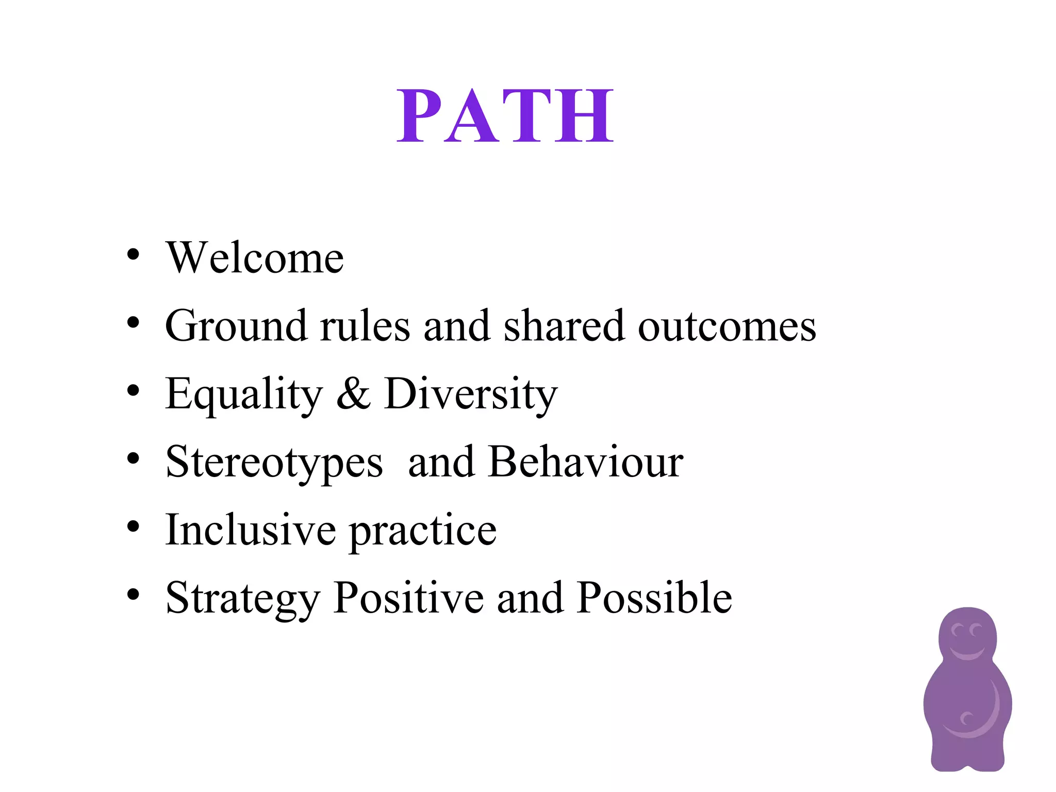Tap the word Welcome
coord(255,258)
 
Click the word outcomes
coord(727,327)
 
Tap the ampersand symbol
coord(354,394)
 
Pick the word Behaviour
coord(586,462)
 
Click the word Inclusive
coord(250,530)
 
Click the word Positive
coord(408,598)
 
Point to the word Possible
coord(654,598)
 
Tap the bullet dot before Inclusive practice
coord(133,526)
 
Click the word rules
coord(365,326)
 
